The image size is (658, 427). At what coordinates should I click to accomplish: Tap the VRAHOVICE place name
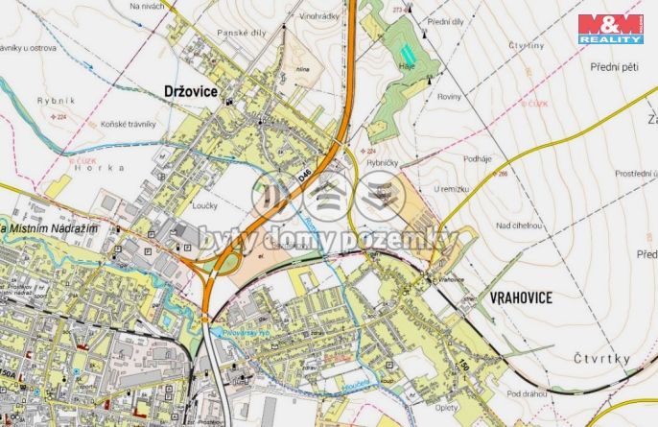[x=522, y=298]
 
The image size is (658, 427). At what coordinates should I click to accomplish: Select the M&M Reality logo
[x=609, y=28]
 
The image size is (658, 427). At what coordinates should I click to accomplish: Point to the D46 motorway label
[x=304, y=178]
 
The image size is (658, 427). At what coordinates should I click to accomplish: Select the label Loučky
[x=205, y=205]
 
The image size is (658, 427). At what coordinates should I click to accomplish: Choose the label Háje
[x=407, y=66]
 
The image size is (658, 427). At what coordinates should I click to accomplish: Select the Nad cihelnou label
[x=519, y=225]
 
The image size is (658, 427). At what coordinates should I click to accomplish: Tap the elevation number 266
[x=503, y=174]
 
